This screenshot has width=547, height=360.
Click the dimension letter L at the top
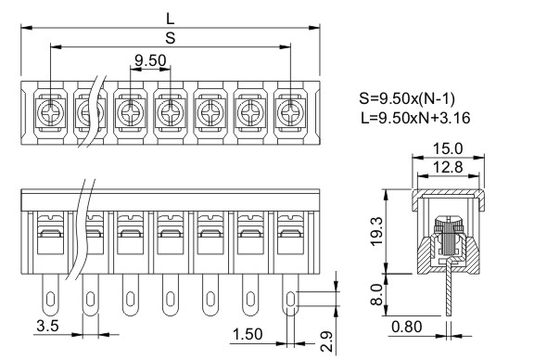pyautogui.click(x=170, y=19)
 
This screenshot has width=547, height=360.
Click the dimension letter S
pyautogui.click(x=171, y=38)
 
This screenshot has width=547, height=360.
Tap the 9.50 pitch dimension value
pyautogui.click(x=150, y=60)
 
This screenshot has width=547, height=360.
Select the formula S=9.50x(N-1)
pyautogui.click(x=407, y=98)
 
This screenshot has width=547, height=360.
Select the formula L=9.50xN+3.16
pyautogui.click(x=415, y=118)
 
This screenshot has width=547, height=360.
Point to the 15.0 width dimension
pyautogui.click(x=448, y=148)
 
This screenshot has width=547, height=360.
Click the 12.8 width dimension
pyautogui.click(x=448, y=167)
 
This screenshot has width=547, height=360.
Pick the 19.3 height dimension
pyautogui.click(x=376, y=231)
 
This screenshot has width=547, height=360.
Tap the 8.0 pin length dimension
pyautogui.click(x=376, y=294)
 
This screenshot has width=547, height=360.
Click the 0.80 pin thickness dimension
pyautogui.click(x=407, y=327)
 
